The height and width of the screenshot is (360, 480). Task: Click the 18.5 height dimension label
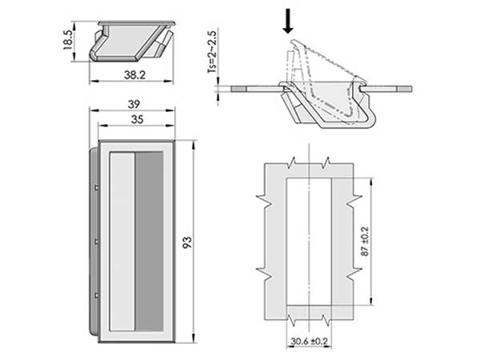pyautogui.click(x=67, y=40)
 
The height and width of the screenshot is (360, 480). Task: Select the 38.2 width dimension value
pyautogui.click(x=134, y=74)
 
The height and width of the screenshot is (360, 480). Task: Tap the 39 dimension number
pyautogui.click(x=134, y=104)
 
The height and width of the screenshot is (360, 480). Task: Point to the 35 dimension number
pyautogui.click(x=137, y=119)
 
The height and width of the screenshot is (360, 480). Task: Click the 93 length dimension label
pyautogui.click(x=186, y=242)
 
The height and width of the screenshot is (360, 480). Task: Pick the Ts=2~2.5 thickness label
pyautogui.click(x=212, y=51)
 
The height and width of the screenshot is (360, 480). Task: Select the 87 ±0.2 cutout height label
pyautogui.click(x=365, y=242)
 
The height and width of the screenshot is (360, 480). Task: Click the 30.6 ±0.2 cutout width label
pyautogui.click(x=309, y=342)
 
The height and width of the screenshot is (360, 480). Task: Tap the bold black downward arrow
pyautogui.click(x=288, y=21)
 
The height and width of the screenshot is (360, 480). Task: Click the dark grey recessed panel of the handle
pyautogui.click(x=149, y=242)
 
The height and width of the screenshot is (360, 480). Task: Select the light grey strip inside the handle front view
pyautogui.click(x=122, y=242)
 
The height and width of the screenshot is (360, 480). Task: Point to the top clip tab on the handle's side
pyautogui.click(x=97, y=187)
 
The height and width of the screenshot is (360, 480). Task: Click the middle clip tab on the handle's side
pyautogui.click(x=97, y=242)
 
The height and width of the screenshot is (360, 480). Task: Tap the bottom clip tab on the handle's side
pyautogui.click(x=97, y=295)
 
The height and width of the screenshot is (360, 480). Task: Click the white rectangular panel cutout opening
pyautogui.click(x=309, y=242)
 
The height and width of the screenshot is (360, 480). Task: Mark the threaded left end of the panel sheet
pyautogui.click(x=239, y=89)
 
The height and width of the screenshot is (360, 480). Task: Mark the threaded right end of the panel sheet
pyautogui.click(x=404, y=89)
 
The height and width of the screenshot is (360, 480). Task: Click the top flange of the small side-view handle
pyautogui.click(x=137, y=23)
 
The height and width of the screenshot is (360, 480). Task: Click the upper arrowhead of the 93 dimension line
pyautogui.click(x=194, y=146)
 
